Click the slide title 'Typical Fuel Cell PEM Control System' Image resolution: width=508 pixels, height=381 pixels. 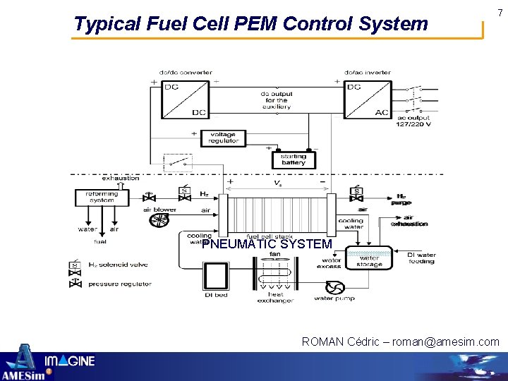point(250,24)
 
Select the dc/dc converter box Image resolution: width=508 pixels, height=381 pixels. point(185,100)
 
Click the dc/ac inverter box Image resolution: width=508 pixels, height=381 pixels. point(367,100)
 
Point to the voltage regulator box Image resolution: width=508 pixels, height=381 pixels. point(223,138)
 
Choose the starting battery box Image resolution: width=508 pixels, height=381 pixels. point(294,159)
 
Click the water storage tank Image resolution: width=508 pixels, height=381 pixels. point(369,258)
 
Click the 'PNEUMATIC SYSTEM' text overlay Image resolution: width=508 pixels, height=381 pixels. point(267,244)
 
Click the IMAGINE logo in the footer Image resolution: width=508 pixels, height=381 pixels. point(70,362)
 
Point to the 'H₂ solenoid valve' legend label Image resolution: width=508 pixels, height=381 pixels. point(118,265)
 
